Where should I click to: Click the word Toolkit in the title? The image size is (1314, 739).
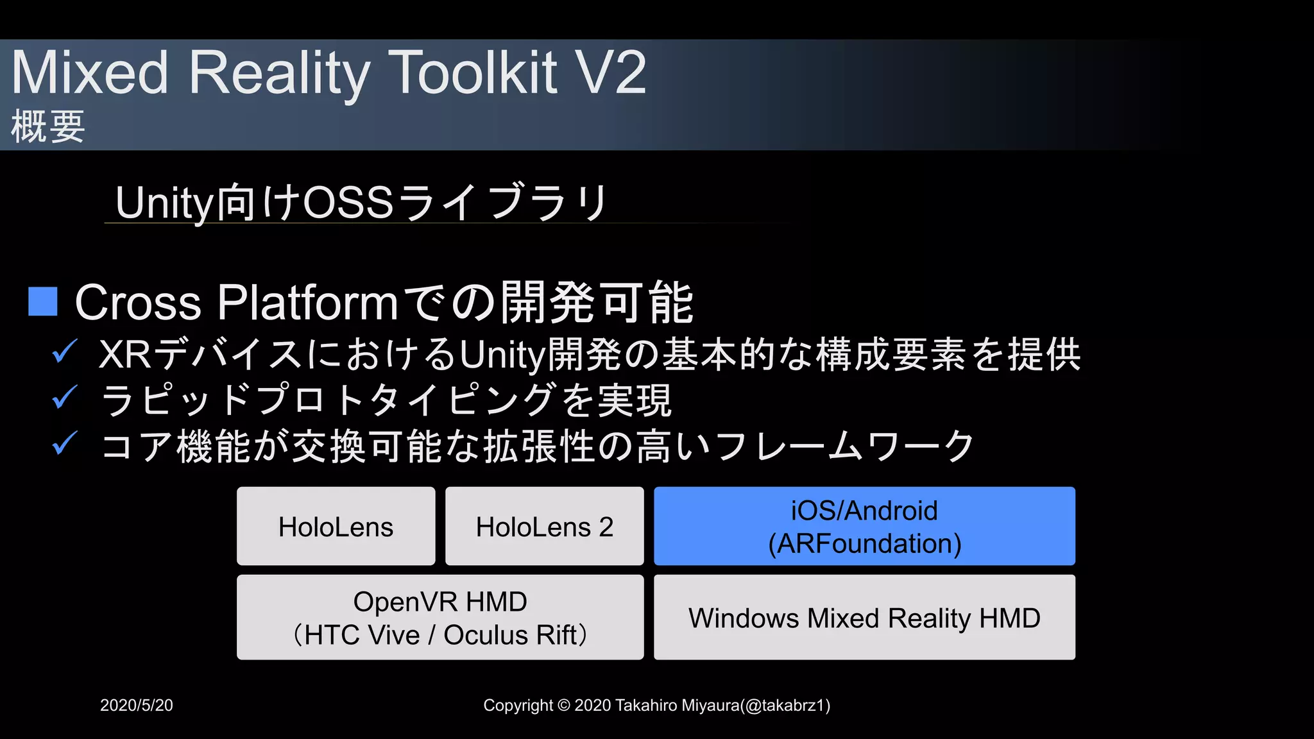(x=473, y=73)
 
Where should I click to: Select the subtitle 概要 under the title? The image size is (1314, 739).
(x=48, y=126)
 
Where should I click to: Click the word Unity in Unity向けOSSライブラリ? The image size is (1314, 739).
(x=164, y=203)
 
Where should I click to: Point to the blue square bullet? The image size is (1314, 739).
(x=43, y=302)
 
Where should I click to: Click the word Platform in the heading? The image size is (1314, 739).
(x=307, y=303)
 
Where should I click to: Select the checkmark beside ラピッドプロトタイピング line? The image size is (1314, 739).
(x=65, y=397)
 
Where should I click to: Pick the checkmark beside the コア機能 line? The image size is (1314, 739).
(x=65, y=443)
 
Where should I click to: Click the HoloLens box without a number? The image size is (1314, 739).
(x=336, y=526)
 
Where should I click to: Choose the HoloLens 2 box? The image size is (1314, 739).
(x=544, y=526)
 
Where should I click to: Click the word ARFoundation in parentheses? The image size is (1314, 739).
(x=865, y=544)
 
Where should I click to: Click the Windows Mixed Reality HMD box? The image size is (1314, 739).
(x=864, y=618)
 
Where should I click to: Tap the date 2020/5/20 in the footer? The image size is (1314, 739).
(x=137, y=705)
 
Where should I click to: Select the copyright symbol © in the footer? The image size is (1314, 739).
(x=563, y=706)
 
